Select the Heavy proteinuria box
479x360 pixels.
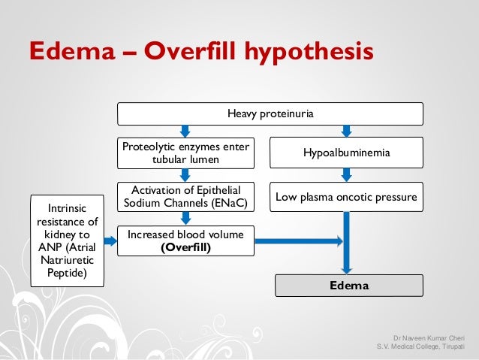tap(270, 113)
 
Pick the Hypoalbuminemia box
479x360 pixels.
tap(346, 153)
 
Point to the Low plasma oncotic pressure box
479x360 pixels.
tap(346, 196)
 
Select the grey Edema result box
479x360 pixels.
tap(346, 286)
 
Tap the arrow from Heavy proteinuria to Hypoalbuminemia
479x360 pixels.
tap(346, 131)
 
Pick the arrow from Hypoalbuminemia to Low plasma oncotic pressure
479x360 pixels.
tap(346, 174)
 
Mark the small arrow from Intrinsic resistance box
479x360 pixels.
tap(109, 241)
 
